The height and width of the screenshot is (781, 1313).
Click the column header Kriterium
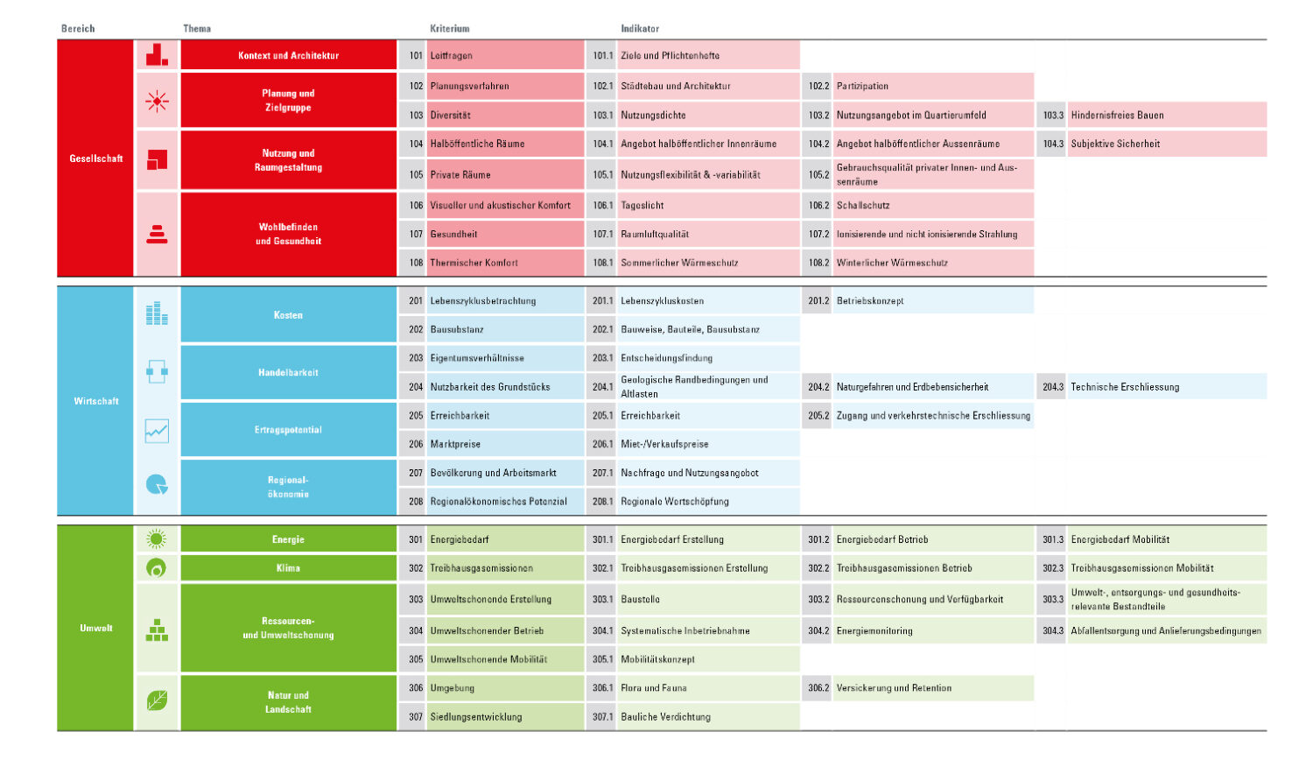(450, 29)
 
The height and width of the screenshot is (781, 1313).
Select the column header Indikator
(640, 29)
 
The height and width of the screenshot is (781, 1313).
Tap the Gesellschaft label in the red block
(96, 158)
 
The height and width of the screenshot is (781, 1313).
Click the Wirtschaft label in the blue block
(96, 401)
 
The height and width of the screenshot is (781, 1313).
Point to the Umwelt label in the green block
(96, 628)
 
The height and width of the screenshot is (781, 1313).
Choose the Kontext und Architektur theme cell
(288, 55)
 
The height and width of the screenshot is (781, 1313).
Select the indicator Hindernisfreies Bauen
(1117, 115)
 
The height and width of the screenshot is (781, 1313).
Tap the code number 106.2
(818, 205)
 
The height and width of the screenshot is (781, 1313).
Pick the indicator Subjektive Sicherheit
(1115, 144)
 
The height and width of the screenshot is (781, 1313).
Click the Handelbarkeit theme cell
(288, 372)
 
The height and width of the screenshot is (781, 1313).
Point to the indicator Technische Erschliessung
(1125, 387)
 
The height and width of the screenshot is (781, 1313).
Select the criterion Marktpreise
(455, 444)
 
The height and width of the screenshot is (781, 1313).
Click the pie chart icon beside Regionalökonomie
(157, 485)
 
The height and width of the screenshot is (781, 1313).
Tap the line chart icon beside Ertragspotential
(157, 430)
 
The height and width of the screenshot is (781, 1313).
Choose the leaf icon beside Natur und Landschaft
(157, 700)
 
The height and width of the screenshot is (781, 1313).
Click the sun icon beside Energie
(157, 539)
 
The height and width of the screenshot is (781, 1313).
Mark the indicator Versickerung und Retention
(894, 688)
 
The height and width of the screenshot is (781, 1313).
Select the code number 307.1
(602, 717)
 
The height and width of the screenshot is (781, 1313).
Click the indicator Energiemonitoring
(874, 630)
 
